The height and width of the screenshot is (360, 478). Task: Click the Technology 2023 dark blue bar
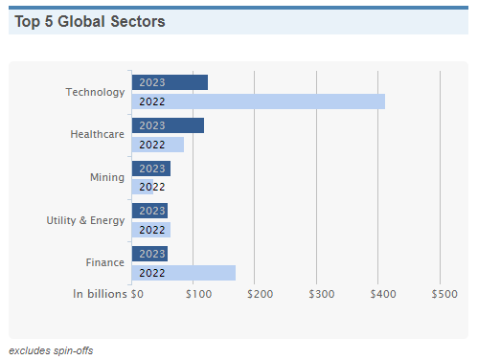pos(170,82)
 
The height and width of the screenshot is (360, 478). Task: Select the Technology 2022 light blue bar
pos(259,101)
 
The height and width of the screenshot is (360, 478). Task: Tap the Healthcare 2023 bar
pos(168,125)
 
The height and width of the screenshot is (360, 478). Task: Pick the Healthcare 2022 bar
pos(158,145)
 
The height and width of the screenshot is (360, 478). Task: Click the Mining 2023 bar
pos(151,169)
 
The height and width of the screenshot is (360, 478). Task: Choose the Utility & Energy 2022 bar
pos(151,230)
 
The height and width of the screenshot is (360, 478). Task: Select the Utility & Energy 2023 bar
pos(149,211)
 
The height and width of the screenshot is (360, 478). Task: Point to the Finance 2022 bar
pos(184,273)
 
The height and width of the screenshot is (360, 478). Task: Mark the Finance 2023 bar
pos(149,254)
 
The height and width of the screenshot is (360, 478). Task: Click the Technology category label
pos(95,92)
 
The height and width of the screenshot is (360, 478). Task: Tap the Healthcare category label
pos(97,134)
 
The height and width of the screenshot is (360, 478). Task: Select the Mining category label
pos(107,177)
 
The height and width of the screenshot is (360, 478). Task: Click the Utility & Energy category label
pos(85,220)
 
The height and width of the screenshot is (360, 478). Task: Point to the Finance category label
pos(104,262)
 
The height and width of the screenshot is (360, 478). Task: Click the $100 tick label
pos(198,294)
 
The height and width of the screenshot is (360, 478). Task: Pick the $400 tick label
pos(383,294)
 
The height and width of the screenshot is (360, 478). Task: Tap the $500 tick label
pos(444,294)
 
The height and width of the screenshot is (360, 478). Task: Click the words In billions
pos(100,294)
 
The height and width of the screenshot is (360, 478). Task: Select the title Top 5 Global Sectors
pos(90,22)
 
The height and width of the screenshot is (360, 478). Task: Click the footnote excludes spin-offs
pos(51,350)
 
